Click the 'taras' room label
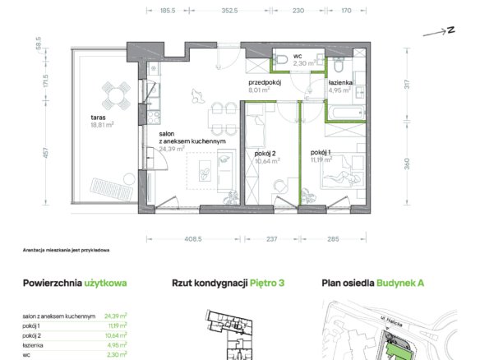[x=98, y=118]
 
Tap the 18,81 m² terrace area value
[x=102, y=125]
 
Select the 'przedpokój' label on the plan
[x=265, y=83]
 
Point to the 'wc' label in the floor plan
[x=298, y=56]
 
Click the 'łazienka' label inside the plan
[x=339, y=83]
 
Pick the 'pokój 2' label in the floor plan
[x=265, y=154]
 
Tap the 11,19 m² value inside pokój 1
[x=321, y=159]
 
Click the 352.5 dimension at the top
[x=229, y=11]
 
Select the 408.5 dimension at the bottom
[x=193, y=239]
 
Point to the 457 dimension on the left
[x=46, y=153]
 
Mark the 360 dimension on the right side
[x=407, y=164]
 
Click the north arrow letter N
[x=450, y=30]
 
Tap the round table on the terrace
[x=116, y=95]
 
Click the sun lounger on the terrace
[x=111, y=189]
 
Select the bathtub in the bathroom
[x=345, y=113]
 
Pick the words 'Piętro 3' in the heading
[x=267, y=283]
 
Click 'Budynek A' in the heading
[x=400, y=283]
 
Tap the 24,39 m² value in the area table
[x=116, y=316]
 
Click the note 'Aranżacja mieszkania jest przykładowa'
[x=66, y=250]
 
